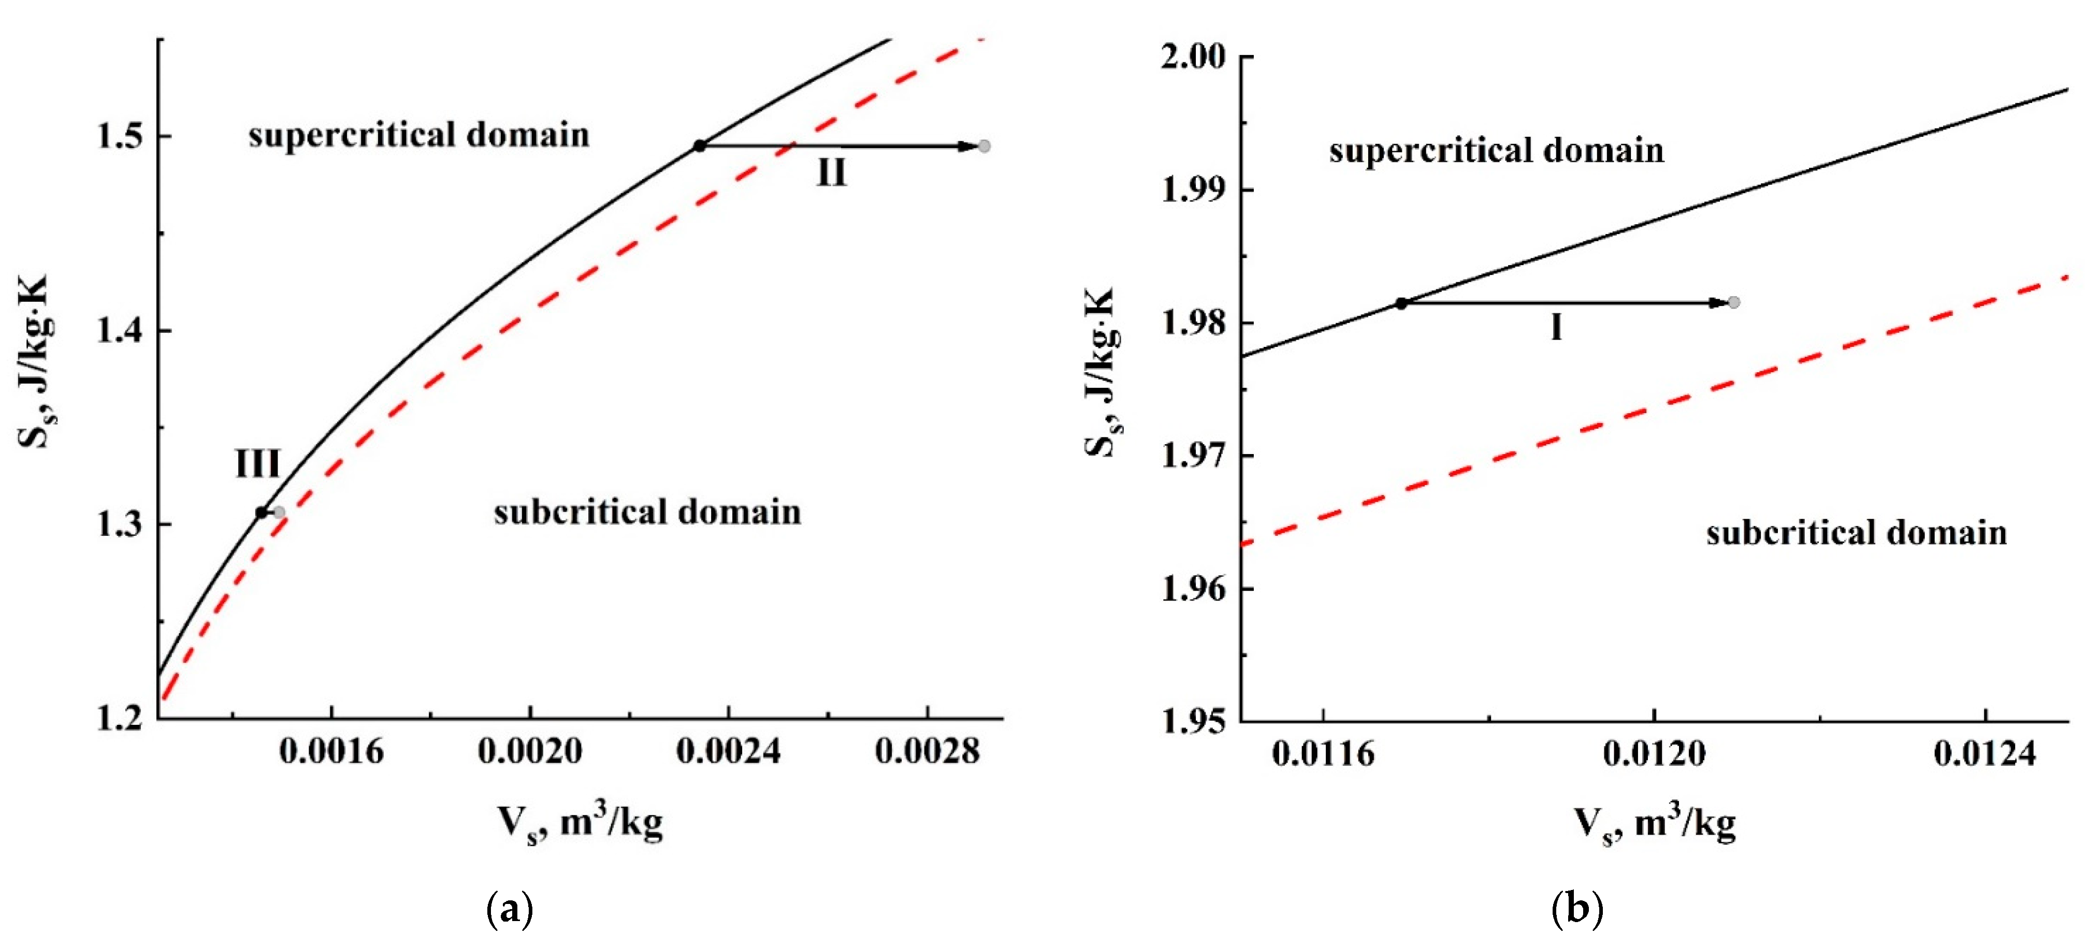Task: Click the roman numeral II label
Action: [x=831, y=172]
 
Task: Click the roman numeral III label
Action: [x=257, y=464]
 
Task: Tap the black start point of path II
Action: [x=700, y=145]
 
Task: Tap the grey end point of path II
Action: [x=984, y=145]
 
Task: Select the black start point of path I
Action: [x=1401, y=303]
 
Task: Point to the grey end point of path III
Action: [x=279, y=513]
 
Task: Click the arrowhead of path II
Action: [x=968, y=145]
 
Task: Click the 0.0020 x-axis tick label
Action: [x=530, y=752]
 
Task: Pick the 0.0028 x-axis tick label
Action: [x=927, y=752]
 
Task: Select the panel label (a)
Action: [x=510, y=910]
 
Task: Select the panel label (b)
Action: [x=1577, y=910]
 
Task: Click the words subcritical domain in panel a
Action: [x=647, y=513]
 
